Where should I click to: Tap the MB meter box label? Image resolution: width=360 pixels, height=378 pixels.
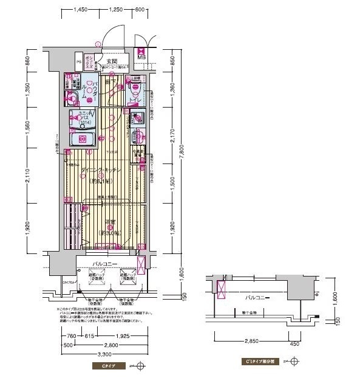tap(141, 58)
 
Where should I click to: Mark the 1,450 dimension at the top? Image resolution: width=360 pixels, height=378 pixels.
tap(82, 10)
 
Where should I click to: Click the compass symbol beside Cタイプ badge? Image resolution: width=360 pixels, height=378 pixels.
tap(140, 366)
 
